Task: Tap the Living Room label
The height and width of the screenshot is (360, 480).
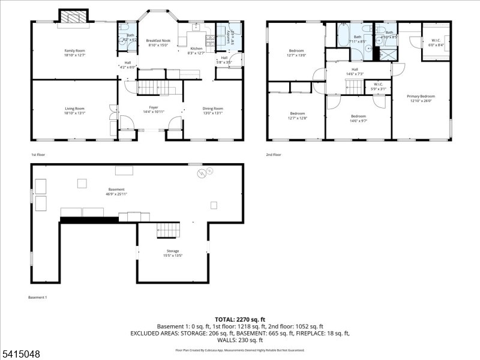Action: coord(75,109)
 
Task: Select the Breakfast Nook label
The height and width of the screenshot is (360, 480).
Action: coord(158,40)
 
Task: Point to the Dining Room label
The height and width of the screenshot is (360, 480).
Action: coord(212,109)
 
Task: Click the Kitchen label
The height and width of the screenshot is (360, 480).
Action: coord(197,48)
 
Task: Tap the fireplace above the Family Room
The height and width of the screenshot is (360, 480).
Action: coord(73,17)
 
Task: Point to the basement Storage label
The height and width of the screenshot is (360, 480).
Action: coord(173,251)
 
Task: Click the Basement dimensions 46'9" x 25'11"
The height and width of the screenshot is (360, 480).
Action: coord(116,194)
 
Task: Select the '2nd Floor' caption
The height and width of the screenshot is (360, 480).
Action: coord(274,154)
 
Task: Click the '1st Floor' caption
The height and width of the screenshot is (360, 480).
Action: coord(38,154)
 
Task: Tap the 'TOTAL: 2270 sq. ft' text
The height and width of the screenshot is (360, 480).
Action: coord(240,319)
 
